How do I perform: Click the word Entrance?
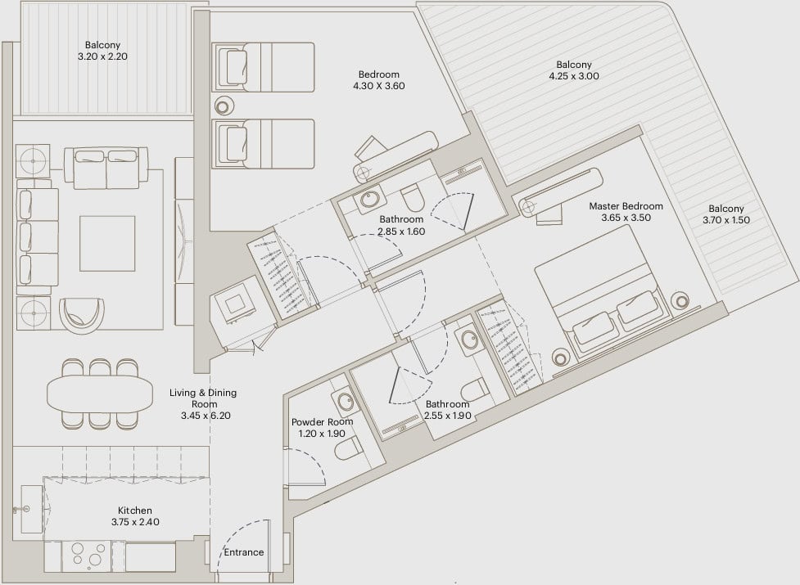(x=244, y=552)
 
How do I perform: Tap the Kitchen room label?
(x=134, y=510)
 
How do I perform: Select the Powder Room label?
(x=322, y=422)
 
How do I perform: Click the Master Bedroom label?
(x=626, y=206)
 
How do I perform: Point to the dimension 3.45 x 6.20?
(x=206, y=416)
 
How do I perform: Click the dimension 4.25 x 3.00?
(x=574, y=76)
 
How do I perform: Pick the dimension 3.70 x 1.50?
(x=726, y=220)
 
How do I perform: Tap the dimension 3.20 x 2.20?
(x=102, y=56)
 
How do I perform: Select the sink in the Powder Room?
(x=346, y=401)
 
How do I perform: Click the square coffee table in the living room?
(x=107, y=243)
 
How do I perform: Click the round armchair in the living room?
(x=82, y=316)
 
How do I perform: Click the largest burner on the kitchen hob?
(x=96, y=560)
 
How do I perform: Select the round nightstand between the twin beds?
(x=223, y=106)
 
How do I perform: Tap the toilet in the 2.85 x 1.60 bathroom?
(x=413, y=198)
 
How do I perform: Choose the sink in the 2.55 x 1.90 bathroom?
(x=469, y=340)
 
